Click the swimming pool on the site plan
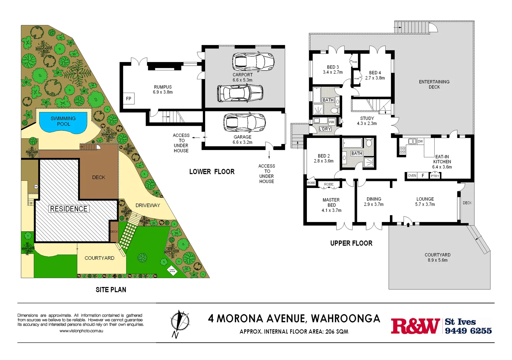63,122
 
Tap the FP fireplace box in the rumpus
129,99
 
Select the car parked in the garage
244,122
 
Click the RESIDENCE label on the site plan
69,209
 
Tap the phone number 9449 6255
468,331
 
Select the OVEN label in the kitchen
412,176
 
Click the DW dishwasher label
420,141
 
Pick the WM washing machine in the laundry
331,122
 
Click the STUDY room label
367,118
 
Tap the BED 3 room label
333,67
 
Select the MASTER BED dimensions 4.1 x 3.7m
331,210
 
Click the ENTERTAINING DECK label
434,84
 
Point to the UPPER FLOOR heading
351,243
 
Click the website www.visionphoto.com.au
81,331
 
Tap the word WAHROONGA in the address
346,319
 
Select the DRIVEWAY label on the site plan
147,205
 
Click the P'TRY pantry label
435,176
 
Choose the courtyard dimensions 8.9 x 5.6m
437,260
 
